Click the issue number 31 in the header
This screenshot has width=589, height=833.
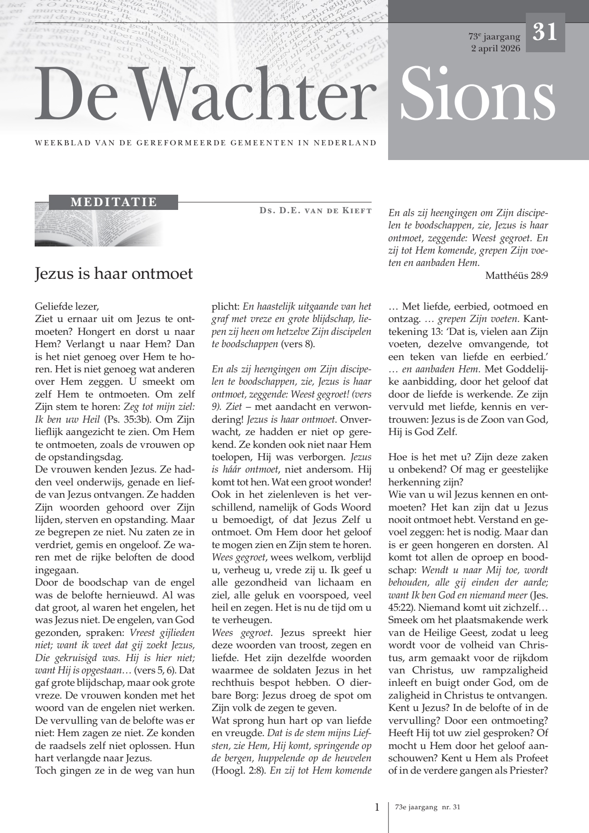[x=545, y=32]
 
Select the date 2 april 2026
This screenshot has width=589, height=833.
[x=495, y=48]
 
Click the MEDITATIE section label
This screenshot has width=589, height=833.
[x=114, y=202]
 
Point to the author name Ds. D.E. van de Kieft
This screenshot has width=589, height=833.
[x=315, y=210]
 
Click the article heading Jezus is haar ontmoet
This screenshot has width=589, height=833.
[x=114, y=274]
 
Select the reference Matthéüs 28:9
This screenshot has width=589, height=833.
[x=516, y=275]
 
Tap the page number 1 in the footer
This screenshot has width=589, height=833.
[x=377, y=807]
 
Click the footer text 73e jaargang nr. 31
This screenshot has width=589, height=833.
[x=427, y=807]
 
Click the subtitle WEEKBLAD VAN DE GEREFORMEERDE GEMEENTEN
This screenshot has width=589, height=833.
[x=206, y=143]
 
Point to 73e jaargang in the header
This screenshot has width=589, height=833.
[x=494, y=37]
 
